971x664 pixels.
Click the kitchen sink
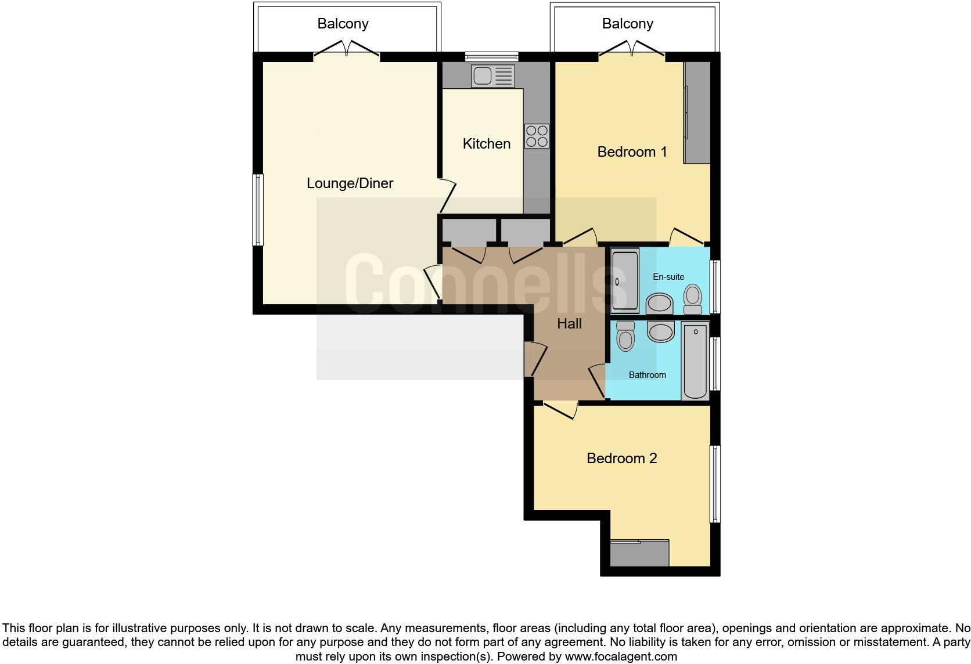coord(492,76)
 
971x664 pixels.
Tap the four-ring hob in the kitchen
coord(536,136)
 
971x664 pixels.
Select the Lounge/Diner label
coord(350,183)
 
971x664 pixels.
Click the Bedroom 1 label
coord(632,152)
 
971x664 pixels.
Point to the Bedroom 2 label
coord(621,459)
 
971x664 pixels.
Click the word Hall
coord(569,324)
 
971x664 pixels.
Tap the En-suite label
coord(668,277)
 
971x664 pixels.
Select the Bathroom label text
coord(647,375)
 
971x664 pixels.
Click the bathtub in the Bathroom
coord(695,360)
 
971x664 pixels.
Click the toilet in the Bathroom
coord(625,336)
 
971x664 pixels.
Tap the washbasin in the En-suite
coord(659,303)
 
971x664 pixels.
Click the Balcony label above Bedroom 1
coord(627,24)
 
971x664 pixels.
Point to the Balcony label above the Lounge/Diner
coord(343,24)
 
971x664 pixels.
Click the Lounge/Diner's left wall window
coord(258,210)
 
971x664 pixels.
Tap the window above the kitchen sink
coord(491,56)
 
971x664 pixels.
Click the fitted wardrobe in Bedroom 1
coord(697,113)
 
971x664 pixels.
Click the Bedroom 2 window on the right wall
coord(715,484)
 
